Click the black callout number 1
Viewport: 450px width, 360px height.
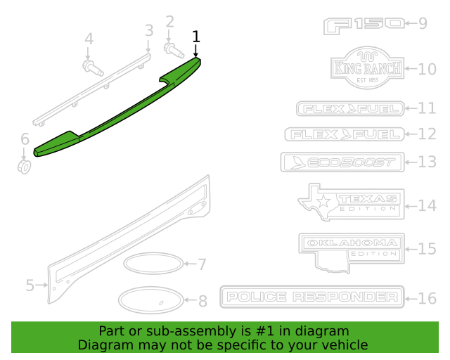point(195,37)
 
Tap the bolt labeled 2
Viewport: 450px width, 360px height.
point(174,50)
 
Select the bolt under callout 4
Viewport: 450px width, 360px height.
point(93,68)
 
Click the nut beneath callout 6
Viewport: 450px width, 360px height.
point(25,167)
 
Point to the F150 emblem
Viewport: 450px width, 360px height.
point(364,26)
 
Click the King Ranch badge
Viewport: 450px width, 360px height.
point(367,67)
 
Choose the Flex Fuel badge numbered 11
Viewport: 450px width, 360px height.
point(350,108)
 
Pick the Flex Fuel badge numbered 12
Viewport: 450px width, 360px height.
point(345,134)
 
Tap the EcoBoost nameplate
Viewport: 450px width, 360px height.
point(342,162)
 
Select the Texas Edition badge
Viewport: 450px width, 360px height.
point(352,202)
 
